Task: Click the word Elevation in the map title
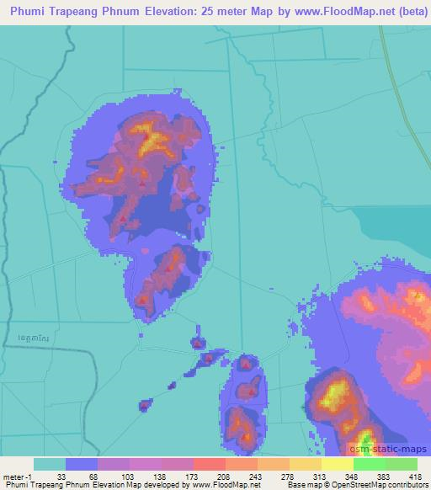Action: pos(177,12)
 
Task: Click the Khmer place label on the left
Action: pos(30,337)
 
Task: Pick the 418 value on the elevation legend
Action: pos(415,476)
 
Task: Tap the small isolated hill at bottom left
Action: pos(144,405)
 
